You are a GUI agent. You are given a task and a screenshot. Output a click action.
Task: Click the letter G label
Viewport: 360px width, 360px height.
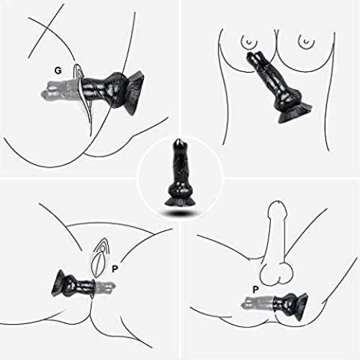58,71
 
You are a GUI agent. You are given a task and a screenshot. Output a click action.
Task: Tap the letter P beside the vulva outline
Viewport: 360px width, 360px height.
115,269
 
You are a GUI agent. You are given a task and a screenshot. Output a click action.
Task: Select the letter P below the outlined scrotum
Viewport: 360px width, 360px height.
256,289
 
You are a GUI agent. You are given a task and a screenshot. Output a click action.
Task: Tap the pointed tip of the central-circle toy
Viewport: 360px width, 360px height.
179,142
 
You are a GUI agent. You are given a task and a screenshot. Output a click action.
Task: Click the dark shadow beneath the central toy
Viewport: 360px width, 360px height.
181,213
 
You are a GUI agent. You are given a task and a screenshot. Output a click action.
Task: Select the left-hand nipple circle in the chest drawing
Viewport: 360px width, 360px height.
249,42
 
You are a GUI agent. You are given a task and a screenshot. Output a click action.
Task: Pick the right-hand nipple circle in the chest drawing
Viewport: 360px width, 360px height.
306,42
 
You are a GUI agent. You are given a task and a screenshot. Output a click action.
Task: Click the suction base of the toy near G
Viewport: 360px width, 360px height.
135,93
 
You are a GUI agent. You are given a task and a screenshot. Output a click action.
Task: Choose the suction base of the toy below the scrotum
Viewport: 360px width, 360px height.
300,306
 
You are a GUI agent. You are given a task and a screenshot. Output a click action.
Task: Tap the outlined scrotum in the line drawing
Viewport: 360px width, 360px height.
276,274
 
